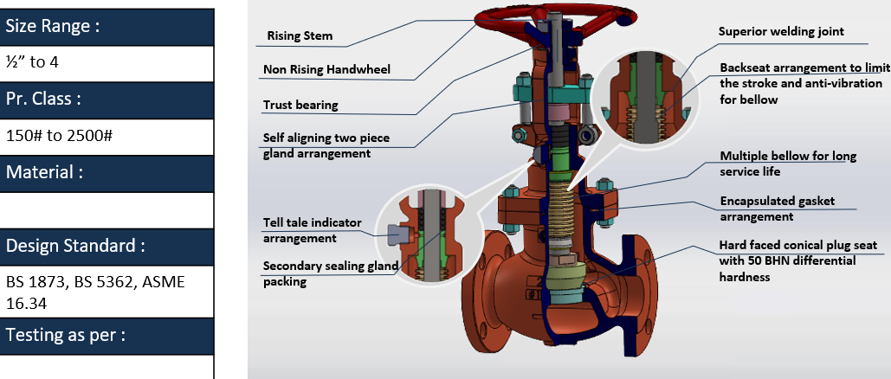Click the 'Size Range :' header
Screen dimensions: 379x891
(53, 26)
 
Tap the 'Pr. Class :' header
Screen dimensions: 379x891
(43, 100)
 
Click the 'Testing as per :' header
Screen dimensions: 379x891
(66, 335)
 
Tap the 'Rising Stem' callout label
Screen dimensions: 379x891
(300, 37)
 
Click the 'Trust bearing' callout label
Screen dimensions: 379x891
(300, 106)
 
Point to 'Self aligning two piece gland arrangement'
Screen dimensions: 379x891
(317, 145)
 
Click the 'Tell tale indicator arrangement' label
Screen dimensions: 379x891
(313, 230)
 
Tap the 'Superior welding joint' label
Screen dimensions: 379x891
(781, 32)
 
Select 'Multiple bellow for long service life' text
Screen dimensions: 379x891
(788, 163)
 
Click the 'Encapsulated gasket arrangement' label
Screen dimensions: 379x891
(777, 209)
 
